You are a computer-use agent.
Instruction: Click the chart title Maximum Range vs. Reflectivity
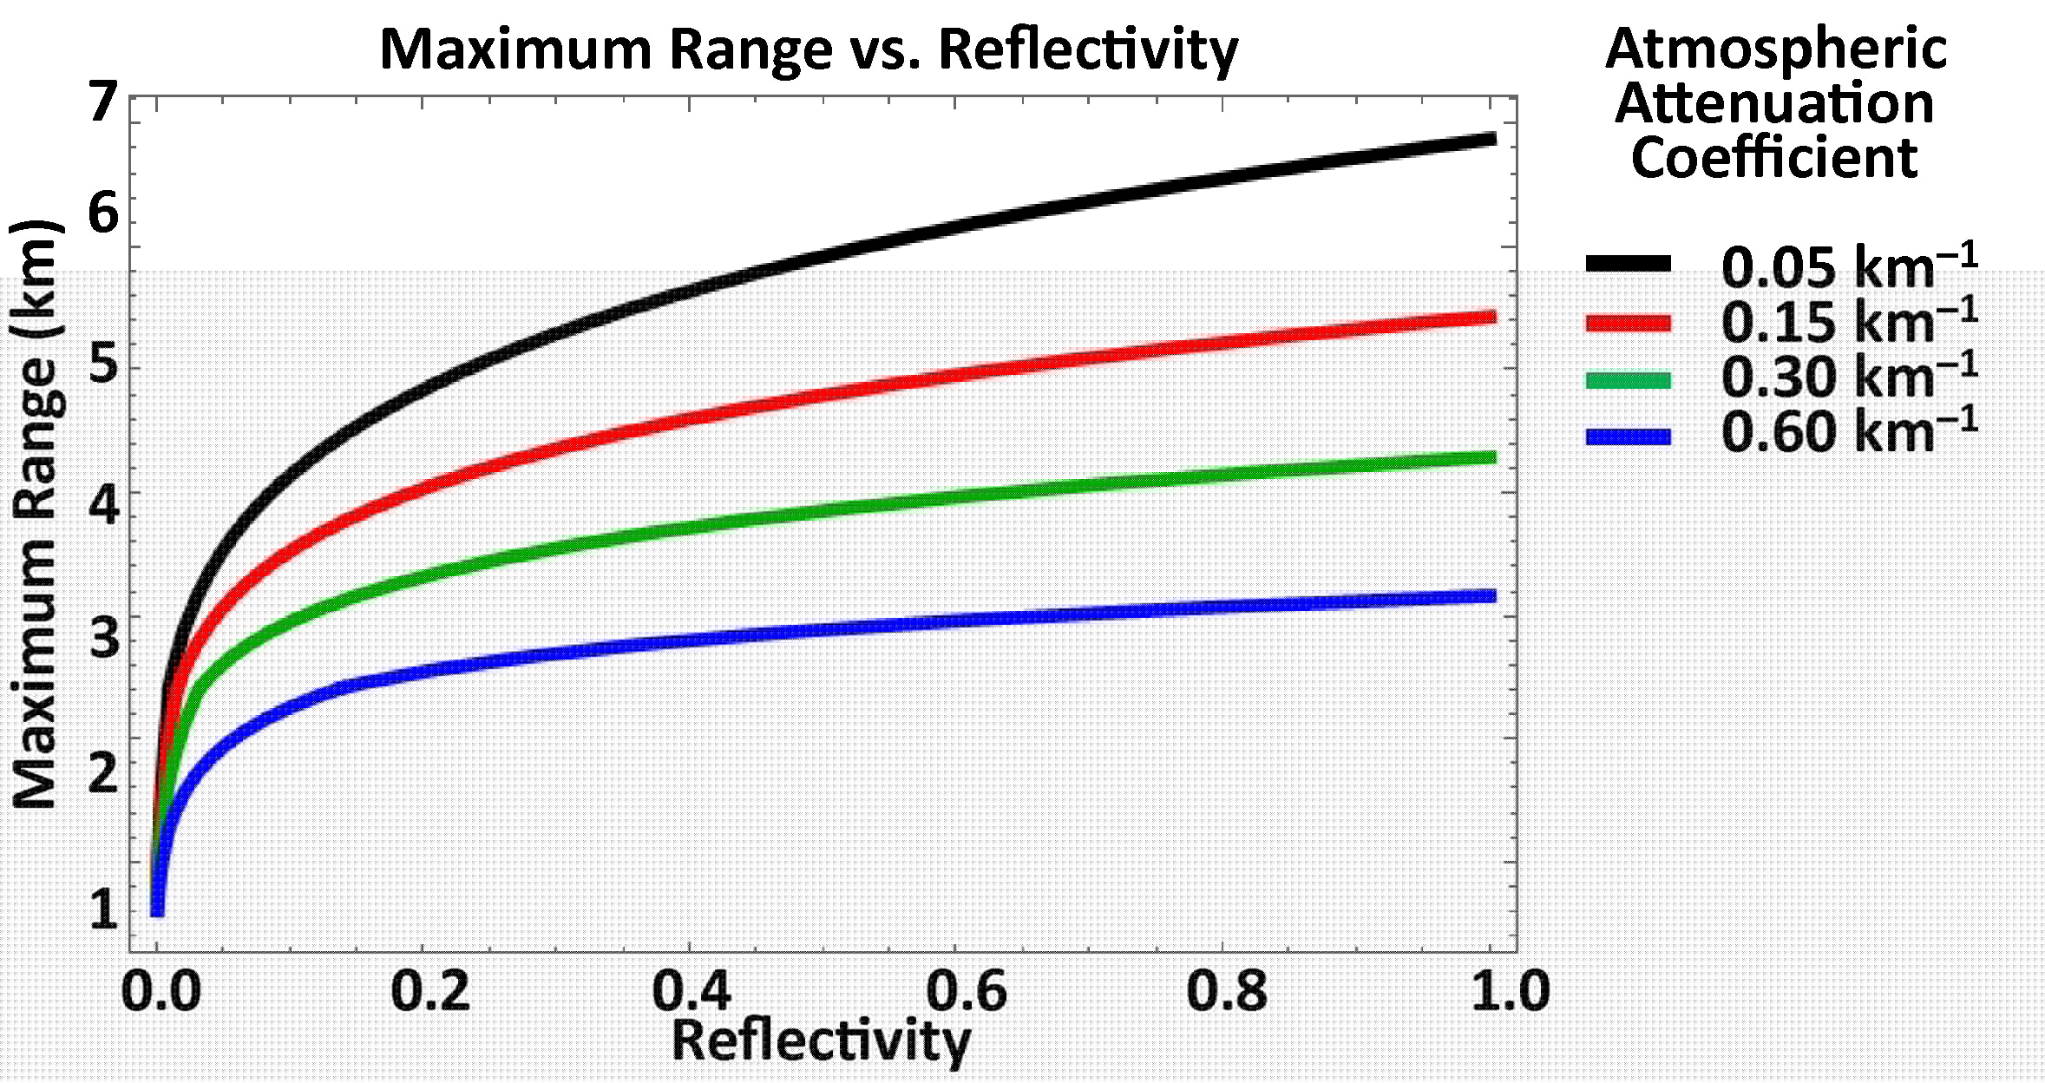(x=809, y=50)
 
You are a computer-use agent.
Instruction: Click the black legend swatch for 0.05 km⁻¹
(x=1628, y=264)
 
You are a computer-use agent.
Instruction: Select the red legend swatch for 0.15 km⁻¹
(x=1628, y=323)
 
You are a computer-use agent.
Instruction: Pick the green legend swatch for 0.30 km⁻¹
(x=1628, y=379)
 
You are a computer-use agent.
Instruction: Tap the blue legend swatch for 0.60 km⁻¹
(x=1628, y=436)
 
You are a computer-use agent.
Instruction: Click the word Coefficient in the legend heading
(x=1774, y=159)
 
